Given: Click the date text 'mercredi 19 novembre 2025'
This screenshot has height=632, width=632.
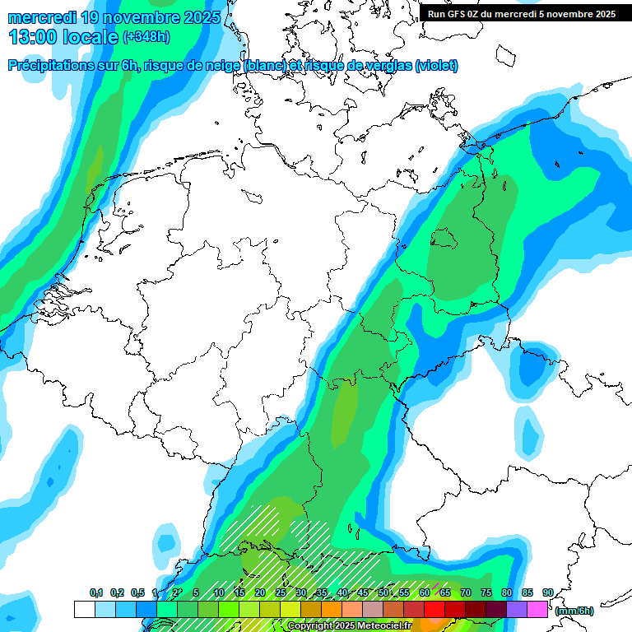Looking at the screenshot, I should click(114, 17).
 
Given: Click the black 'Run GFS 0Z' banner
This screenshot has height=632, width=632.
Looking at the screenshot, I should click(521, 13).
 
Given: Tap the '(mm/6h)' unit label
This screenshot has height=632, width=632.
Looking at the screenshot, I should click(574, 611).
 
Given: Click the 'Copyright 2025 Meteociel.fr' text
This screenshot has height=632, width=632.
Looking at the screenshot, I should click(349, 626).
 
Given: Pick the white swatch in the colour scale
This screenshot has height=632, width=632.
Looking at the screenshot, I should click(84, 609).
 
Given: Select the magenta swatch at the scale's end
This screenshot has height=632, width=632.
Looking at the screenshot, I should click(537, 609).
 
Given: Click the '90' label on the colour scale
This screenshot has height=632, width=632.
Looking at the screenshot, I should click(547, 593).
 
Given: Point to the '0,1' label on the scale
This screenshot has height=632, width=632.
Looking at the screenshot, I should click(95, 593).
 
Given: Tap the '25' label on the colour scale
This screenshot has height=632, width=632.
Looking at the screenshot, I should click(280, 593).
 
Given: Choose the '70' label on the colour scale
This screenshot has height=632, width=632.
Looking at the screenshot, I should click(466, 593).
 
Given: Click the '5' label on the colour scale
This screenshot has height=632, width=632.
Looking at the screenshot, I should click(195, 593).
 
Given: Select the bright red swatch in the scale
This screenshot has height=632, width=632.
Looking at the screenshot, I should click(434, 609).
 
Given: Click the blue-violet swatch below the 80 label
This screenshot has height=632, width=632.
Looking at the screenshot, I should click(516, 609).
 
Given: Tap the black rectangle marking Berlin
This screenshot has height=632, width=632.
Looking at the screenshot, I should click(444, 239).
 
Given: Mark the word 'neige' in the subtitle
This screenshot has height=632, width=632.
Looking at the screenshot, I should click(224, 66).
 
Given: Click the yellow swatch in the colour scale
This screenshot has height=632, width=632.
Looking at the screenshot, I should click(290, 609).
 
